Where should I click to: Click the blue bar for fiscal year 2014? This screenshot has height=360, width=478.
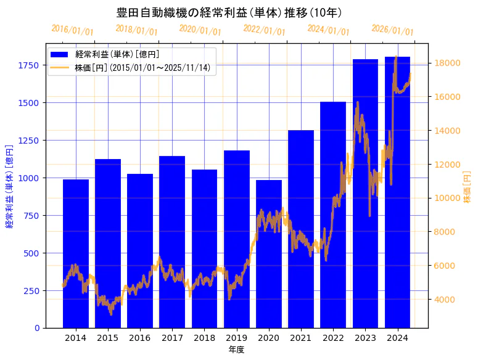point(76,253)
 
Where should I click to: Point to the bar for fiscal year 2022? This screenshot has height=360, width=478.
point(333,216)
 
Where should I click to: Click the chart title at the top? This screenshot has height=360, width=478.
point(229,12)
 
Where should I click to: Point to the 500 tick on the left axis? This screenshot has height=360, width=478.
point(33,253)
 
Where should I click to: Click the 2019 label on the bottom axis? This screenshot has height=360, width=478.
point(237,338)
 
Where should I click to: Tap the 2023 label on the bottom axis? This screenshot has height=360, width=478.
point(365,338)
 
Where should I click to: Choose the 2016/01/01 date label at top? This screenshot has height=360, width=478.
point(72,30)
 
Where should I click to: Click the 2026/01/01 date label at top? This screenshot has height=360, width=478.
point(392,30)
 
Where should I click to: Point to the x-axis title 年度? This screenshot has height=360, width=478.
point(236,350)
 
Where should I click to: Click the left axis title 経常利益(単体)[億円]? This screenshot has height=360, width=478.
point(9,186)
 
